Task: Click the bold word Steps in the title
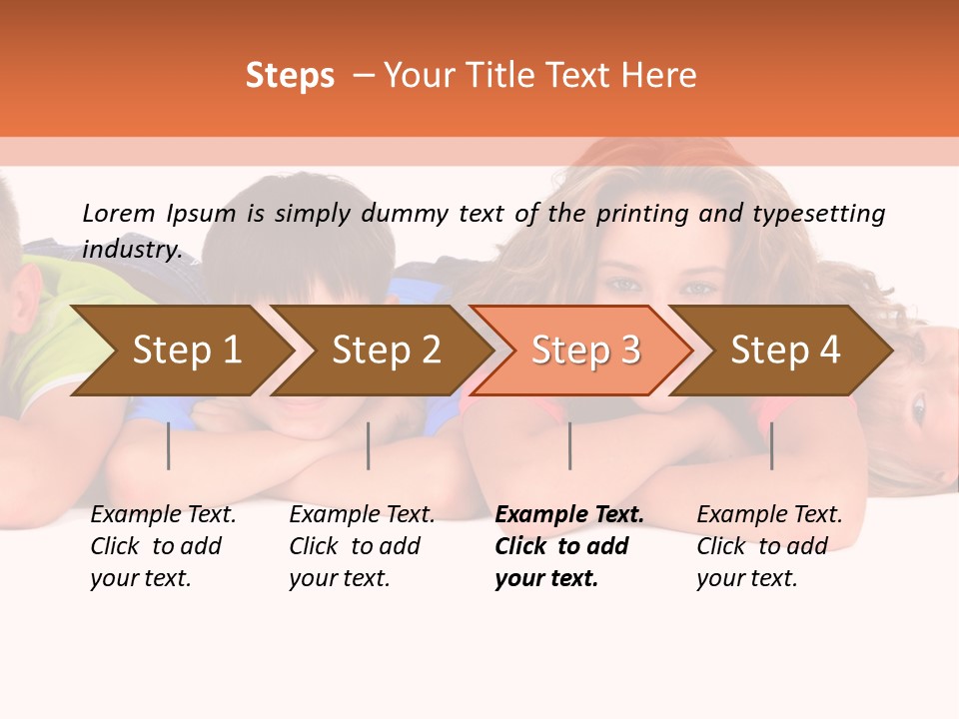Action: [290, 76]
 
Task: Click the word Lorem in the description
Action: [119, 213]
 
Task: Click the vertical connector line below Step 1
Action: [169, 445]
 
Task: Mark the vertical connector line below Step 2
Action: [369, 445]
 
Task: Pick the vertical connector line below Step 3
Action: [570, 445]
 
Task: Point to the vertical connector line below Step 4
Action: [772, 445]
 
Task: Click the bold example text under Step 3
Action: [568, 546]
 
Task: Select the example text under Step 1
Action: [163, 546]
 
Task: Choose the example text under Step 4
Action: [769, 546]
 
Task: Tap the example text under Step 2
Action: [362, 546]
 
